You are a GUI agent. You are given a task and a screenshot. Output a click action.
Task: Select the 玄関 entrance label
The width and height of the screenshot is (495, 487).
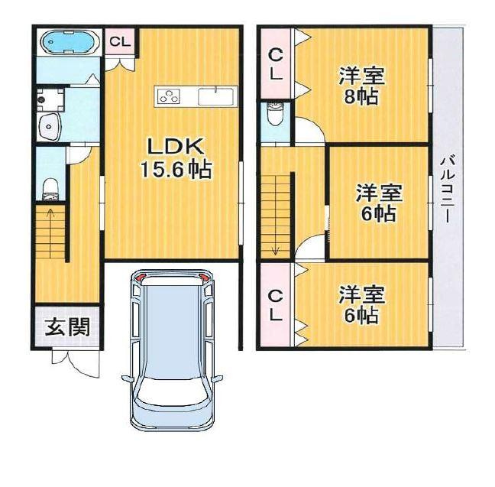(x=67, y=327)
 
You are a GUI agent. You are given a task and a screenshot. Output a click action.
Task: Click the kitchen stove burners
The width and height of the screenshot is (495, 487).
(x=170, y=96)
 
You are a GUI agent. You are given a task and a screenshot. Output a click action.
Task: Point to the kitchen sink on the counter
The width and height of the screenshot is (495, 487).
(x=215, y=97)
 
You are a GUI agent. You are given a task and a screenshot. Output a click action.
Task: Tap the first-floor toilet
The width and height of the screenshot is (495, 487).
(x=50, y=187)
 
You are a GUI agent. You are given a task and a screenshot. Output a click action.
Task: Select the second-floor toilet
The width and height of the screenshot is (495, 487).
(x=276, y=115)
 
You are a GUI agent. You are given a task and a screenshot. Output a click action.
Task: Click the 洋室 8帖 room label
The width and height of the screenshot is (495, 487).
(x=362, y=86)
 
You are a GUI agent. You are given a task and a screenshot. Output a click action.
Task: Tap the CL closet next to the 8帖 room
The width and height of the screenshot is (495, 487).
(x=276, y=64)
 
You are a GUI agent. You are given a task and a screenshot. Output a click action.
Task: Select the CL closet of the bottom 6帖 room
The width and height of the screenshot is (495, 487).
(x=276, y=304)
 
